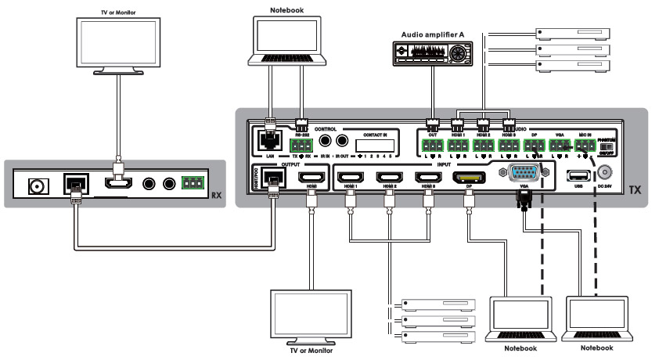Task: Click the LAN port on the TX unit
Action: point(268,142)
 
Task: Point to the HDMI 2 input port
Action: point(389,179)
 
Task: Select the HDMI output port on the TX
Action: point(310,179)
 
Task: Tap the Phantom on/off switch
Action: point(607,146)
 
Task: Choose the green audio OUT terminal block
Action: point(430,146)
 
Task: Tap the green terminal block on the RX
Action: point(193,185)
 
